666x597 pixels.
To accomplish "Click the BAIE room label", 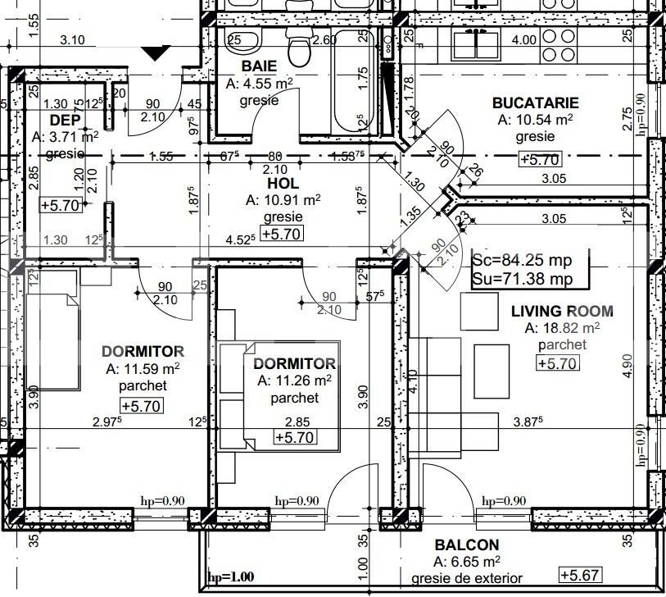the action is [259, 66].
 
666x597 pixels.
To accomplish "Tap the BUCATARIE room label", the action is [535, 103].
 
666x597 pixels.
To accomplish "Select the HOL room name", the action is [283, 183].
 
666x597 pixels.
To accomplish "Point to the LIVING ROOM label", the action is [562, 312].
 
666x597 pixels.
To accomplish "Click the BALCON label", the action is [466, 545].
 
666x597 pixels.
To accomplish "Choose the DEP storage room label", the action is [65, 120].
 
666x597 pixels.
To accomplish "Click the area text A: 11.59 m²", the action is [143, 368].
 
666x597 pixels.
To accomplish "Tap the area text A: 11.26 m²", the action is [294, 381].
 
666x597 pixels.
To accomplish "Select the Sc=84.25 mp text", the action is [523, 260].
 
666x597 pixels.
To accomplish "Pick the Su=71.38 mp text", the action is [523, 279].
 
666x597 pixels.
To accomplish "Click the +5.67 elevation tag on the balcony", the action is [581, 575].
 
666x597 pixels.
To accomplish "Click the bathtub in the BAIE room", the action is [353, 81].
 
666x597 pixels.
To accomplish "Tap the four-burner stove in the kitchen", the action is [558, 45].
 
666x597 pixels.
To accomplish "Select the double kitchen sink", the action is [477, 43].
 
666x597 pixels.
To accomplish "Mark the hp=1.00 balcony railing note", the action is [231, 577].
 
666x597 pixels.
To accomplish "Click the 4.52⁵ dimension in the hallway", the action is [240, 239].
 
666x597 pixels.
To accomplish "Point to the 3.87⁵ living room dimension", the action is [528, 422].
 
